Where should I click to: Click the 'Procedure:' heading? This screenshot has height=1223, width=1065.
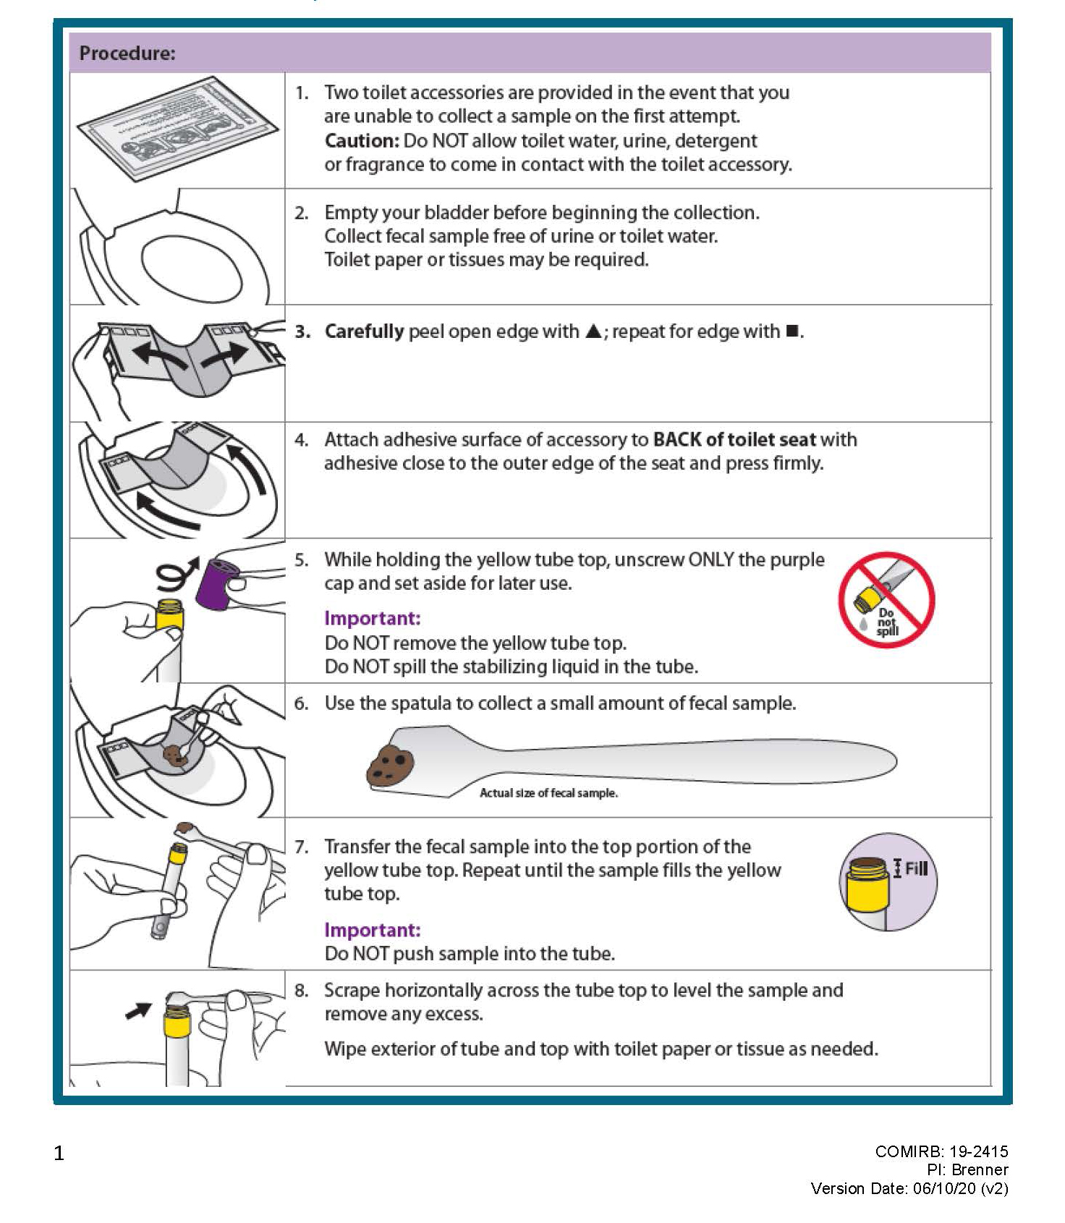click(127, 54)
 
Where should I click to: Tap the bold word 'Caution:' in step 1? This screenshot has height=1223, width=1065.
click(361, 140)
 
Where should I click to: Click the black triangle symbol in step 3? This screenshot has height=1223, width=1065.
click(593, 331)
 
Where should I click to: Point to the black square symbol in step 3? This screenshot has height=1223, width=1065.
click(792, 331)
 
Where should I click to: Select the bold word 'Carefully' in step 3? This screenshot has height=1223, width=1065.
click(364, 331)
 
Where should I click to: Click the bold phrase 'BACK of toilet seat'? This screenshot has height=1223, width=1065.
click(734, 440)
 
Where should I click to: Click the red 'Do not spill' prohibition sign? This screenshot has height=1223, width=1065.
click(886, 599)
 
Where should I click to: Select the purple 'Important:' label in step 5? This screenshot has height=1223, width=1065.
click(372, 619)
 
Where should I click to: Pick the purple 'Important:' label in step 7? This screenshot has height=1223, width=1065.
click(372, 930)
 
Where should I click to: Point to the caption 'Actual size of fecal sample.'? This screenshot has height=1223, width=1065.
click(548, 793)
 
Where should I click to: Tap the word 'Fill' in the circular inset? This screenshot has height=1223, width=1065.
click(916, 868)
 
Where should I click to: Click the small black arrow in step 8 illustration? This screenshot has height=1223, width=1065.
click(139, 1010)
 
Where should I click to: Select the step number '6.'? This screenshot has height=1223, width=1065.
click(301, 703)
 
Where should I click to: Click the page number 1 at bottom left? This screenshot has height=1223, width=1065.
click(59, 1153)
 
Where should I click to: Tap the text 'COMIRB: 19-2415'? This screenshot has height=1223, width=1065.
click(941, 1151)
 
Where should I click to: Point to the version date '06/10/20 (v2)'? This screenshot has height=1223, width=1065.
click(958, 1188)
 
